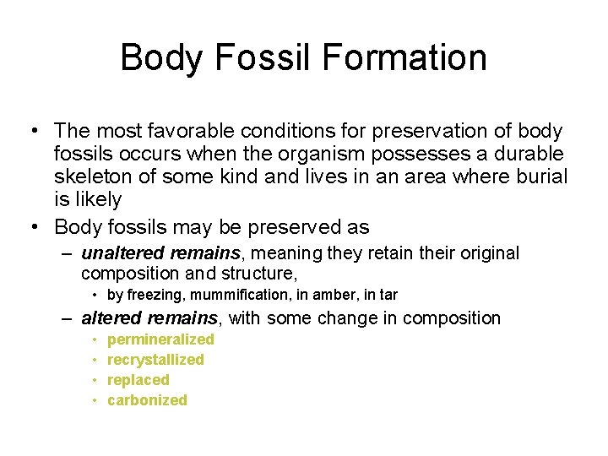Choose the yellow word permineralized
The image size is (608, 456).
(160, 339)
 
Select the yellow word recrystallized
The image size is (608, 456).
(155, 360)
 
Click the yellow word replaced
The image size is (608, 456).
(138, 380)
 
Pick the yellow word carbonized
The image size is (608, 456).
(147, 400)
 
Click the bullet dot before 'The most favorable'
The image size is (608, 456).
(31, 132)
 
